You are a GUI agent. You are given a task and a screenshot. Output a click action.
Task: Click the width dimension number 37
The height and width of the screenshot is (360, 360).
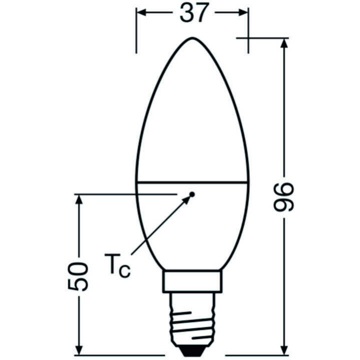(x=192, y=13)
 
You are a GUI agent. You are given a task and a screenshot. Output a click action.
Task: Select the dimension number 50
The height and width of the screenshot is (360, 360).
(x=78, y=276)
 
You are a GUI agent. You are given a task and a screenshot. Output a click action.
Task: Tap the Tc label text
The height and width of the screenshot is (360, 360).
(x=117, y=264)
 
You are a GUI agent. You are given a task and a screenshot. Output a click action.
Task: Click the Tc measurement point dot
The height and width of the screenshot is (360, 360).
(x=192, y=193)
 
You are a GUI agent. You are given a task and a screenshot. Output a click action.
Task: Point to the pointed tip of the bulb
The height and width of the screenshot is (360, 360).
(x=192, y=38)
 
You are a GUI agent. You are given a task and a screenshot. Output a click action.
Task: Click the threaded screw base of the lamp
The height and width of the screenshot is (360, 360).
(x=192, y=320)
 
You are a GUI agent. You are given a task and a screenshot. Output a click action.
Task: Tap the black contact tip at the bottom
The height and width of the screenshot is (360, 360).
(x=192, y=351)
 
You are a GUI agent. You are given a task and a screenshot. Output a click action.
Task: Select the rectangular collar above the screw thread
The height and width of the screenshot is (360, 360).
(x=192, y=281)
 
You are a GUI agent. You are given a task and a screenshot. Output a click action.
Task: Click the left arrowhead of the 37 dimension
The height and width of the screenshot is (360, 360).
(x=141, y=13)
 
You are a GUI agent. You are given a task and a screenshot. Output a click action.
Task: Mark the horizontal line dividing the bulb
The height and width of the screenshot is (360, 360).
(x=192, y=182)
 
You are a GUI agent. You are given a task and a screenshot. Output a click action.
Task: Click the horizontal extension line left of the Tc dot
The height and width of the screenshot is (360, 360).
(x=125, y=193)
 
